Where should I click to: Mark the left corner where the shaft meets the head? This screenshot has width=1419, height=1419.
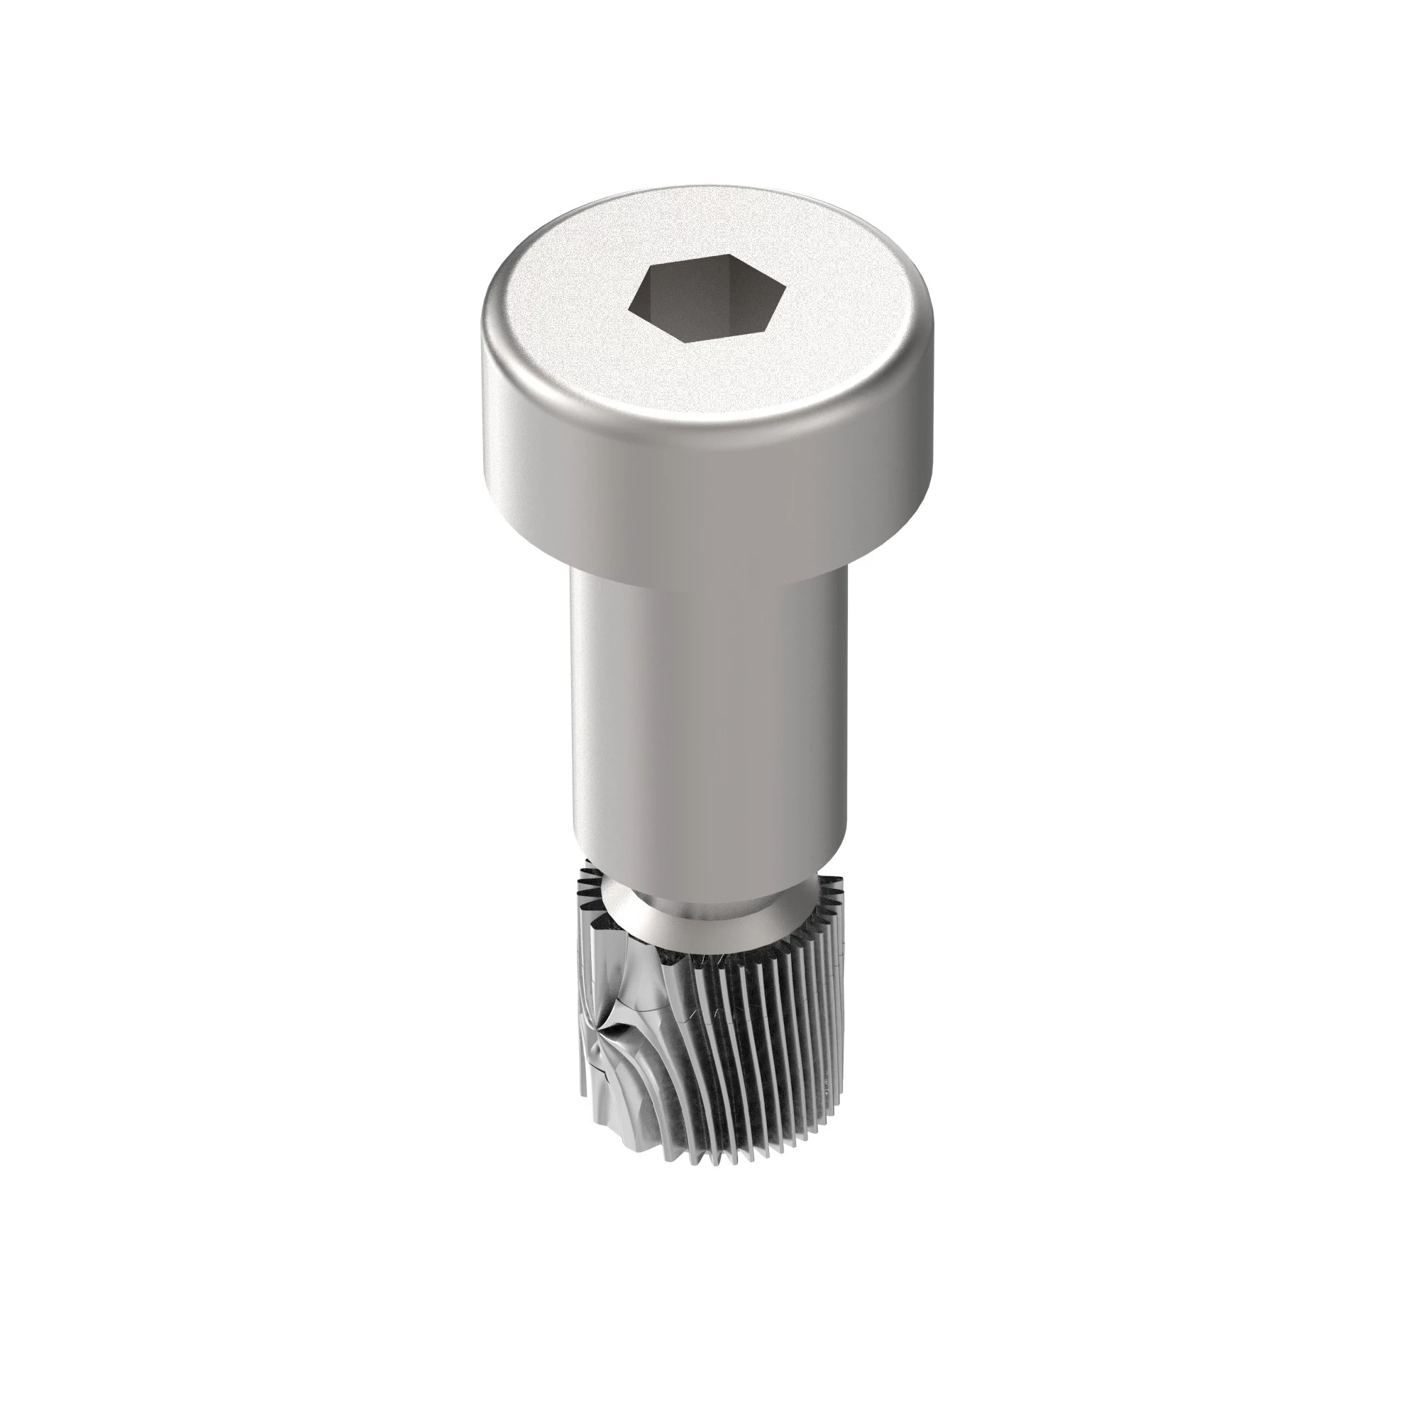tap(572, 562)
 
